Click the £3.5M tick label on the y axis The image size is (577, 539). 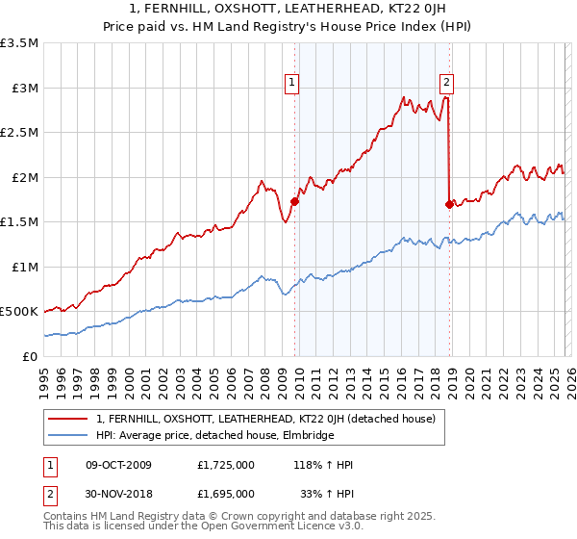[x=19, y=43]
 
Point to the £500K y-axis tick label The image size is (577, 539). [x=19, y=312]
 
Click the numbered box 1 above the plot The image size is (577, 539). [x=291, y=84]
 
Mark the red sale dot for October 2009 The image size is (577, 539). [x=294, y=202]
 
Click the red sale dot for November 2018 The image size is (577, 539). [x=449, y=204]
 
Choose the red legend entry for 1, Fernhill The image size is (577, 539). [x=265, y=419]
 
